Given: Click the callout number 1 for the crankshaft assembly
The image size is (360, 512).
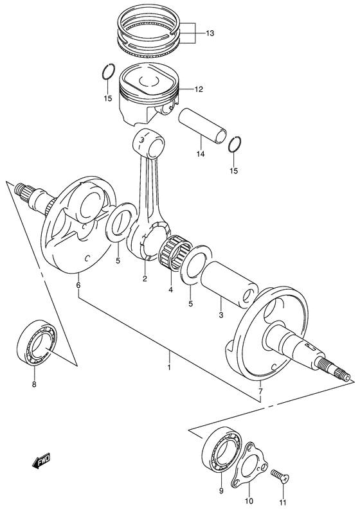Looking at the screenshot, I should pyautogui.click(x=168, y=367).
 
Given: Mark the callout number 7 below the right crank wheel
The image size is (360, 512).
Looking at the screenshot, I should pyautogui.click(x=260, y=391).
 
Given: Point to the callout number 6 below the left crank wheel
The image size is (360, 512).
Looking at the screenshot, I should pyautogui.click(x=78, y=285).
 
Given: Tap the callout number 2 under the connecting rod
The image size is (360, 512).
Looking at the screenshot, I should pyautogui.click(x=145, y=279).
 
